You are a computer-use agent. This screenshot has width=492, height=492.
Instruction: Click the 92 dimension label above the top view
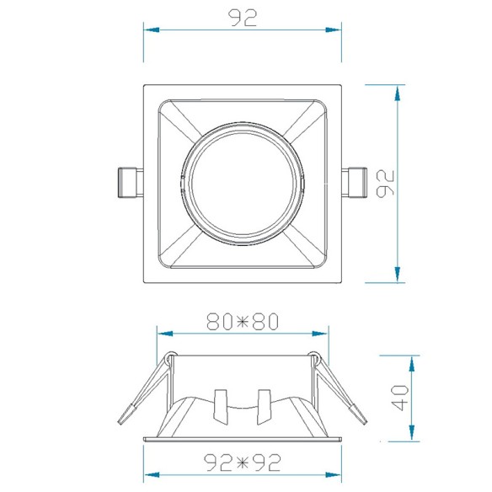(243, 18)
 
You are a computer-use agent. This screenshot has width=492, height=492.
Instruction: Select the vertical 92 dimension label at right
(385, 184)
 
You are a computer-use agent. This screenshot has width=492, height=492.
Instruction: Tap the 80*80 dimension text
(243, 321)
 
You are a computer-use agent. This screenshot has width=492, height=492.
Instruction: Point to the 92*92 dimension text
(243, 463)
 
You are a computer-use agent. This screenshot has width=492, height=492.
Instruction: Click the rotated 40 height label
(400, 398)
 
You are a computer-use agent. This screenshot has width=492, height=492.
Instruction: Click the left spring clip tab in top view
(131, 183)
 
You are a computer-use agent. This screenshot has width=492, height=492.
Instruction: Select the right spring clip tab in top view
(354, 183)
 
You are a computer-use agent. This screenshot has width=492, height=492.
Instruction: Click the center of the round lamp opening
(243, 184)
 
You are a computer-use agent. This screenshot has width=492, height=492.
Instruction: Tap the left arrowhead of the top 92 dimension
(152, 30)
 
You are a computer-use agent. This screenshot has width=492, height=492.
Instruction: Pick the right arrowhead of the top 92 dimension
(334, 30)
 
